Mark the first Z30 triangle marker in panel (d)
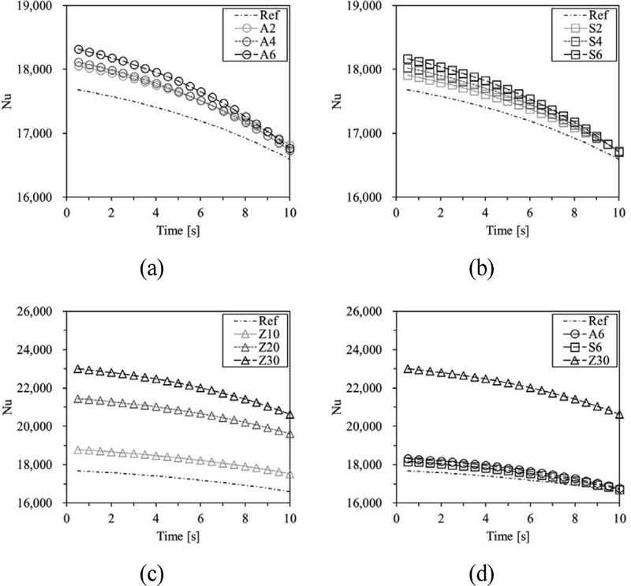coord(407,369)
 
